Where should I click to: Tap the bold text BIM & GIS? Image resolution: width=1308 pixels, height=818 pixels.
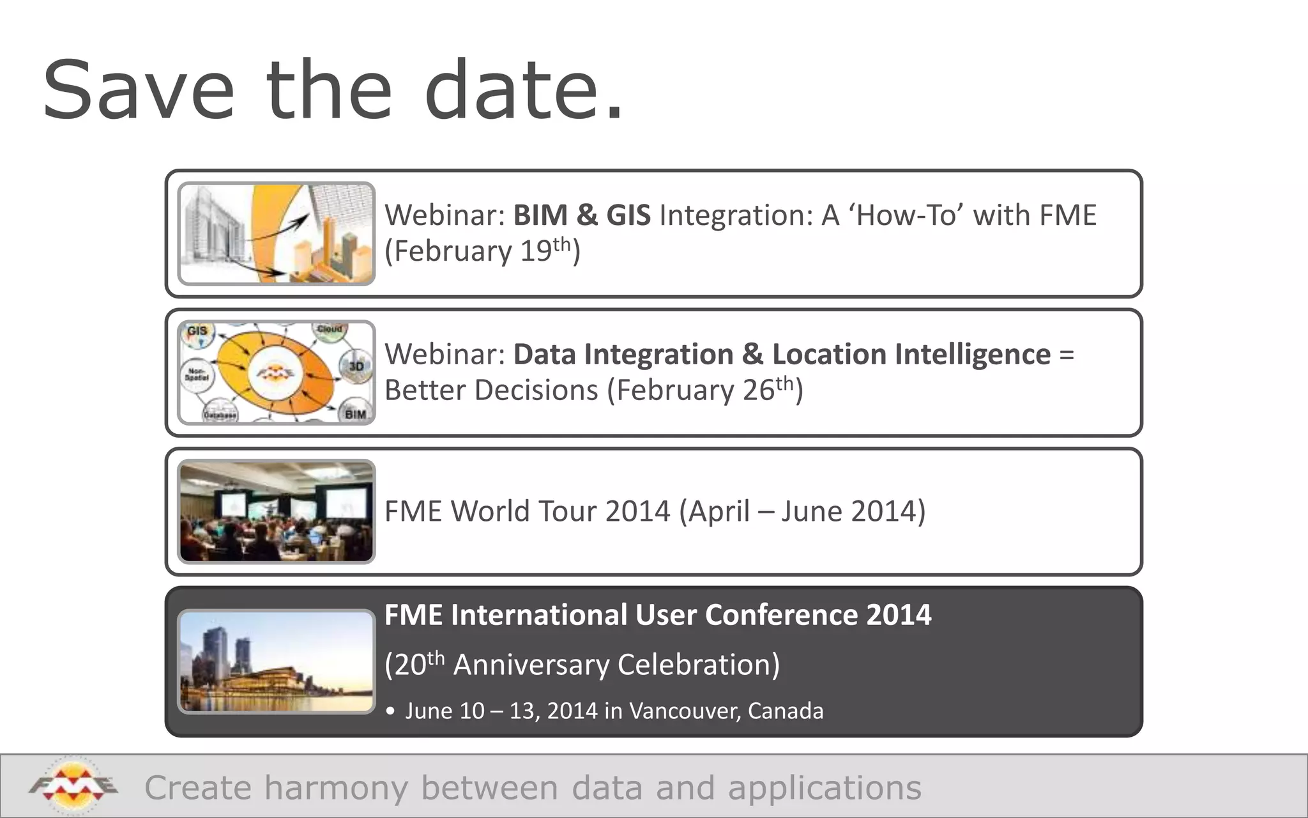[x=582, y=215]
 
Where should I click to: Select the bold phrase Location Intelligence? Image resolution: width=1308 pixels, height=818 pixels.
[x=911, y=354]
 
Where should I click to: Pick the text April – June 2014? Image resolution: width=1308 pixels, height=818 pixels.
[x=802, y=511]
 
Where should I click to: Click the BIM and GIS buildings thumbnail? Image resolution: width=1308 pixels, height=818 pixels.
[x=277, y=233]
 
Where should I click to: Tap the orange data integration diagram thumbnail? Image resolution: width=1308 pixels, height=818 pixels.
[x=277, y=373]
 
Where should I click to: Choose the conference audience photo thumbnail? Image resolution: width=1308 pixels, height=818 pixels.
[x=277, y=511]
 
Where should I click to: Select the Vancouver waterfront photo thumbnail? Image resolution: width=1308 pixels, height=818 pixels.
[x=277, y=661]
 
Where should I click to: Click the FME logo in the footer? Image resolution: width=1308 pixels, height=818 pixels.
[x=73, y=786]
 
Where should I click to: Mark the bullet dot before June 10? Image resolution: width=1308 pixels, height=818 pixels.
[x=391, y=711]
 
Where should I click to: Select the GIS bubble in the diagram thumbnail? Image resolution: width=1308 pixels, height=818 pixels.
[x=197, y=331]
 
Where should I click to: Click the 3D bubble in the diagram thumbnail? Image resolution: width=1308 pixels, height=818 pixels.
[x=356, y=366]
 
